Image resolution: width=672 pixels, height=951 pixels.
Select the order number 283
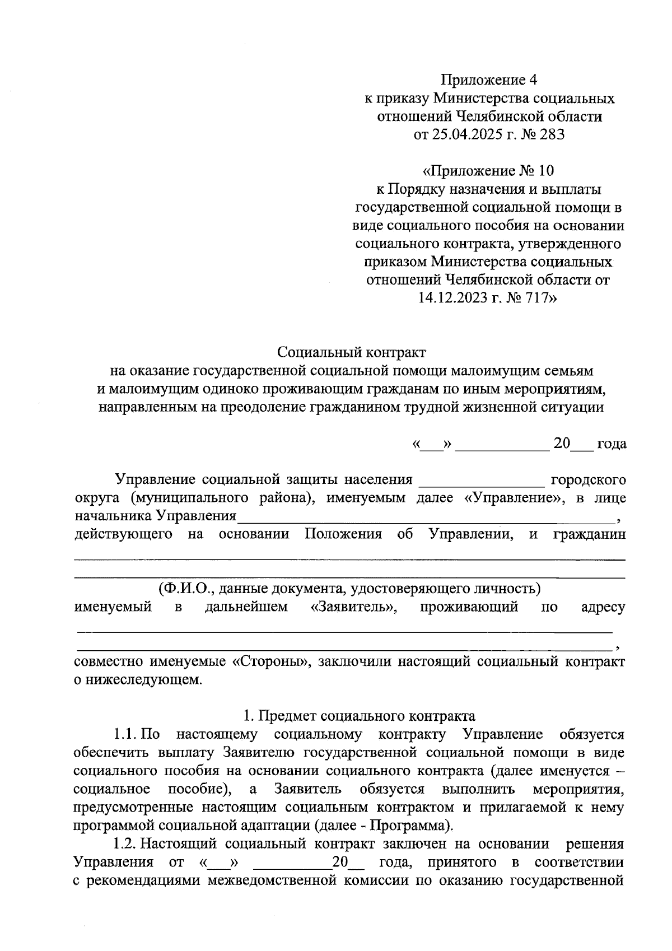pyautogui.click(x=550, y=135)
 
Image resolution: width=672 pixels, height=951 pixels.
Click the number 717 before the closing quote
pyautogui.click(x=533, y=298)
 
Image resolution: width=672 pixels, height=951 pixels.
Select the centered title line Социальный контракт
pyautogui.click(x=351, y=353)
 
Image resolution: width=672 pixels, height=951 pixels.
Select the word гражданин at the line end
pyautogui.click(x=589, y=534)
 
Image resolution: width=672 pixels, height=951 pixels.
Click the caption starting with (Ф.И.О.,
pyautogui.click(x=349, y=589)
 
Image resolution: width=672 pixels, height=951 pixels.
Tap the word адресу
pyautogui.click(x=603, y=607)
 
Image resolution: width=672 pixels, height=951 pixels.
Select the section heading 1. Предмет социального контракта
pyautogui.click(x=359, y=716)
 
